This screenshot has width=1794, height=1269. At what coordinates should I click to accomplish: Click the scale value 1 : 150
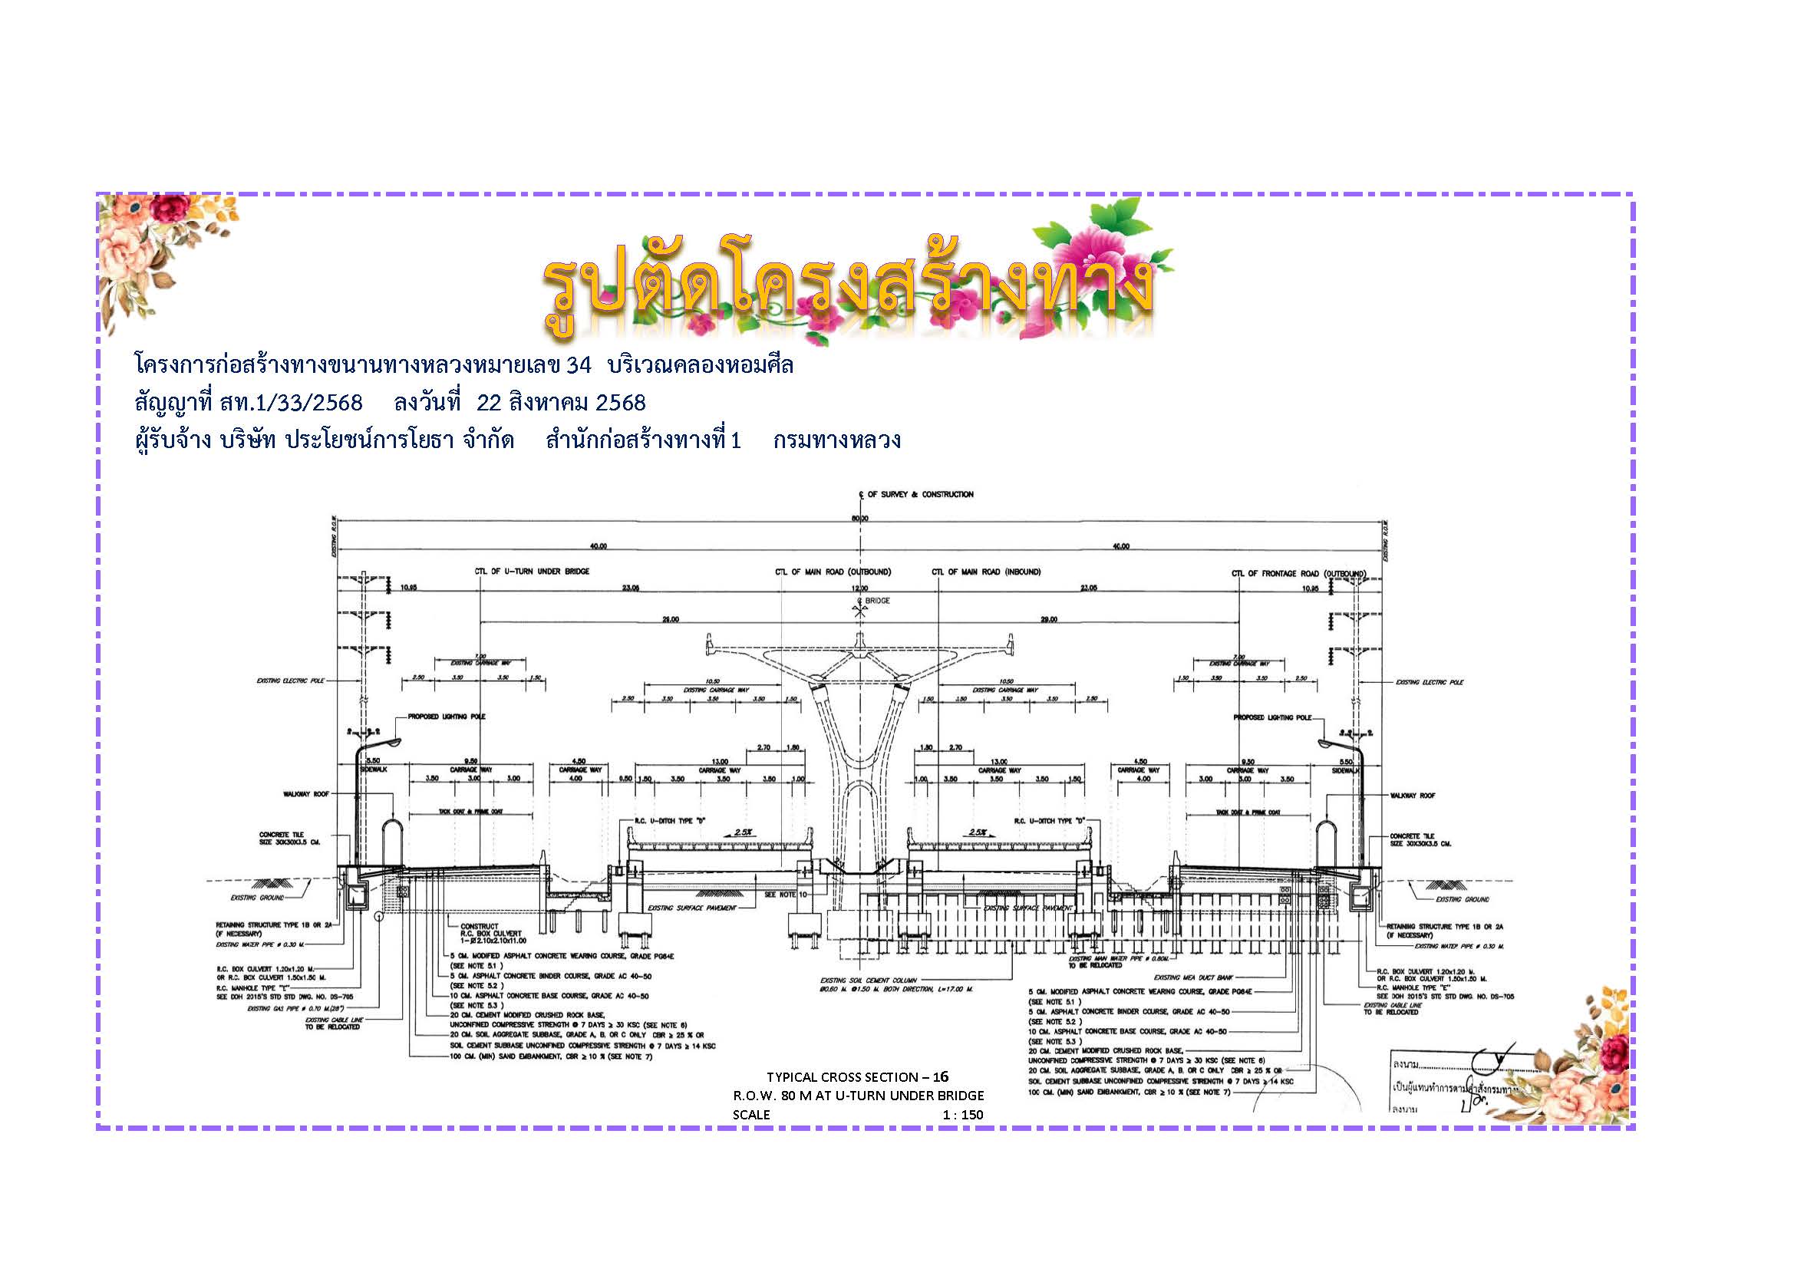tap(962, 1114)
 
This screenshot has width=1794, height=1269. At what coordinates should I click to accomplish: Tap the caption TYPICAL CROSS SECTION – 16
tap(856, 1076)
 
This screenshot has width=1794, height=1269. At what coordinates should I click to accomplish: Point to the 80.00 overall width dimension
tap(859, 518)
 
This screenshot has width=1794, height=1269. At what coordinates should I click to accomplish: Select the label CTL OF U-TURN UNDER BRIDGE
tap(532, 572)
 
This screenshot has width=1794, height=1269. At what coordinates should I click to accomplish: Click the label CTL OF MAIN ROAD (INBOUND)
tap(986, 572)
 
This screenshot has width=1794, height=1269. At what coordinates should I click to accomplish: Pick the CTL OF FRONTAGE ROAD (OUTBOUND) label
tap(1298, 574)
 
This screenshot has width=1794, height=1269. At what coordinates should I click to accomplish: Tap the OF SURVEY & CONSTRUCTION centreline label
tap(920, 494)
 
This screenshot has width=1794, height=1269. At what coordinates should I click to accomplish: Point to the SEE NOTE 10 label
tap(784, 894)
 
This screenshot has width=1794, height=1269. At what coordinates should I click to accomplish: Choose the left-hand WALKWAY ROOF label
tap(306, 794)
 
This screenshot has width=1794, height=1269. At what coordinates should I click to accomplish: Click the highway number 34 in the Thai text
tap(579, 365)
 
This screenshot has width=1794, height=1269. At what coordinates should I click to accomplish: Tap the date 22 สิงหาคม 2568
tap(561, 403)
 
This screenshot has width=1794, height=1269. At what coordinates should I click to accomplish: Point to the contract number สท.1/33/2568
tap(291, 403)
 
